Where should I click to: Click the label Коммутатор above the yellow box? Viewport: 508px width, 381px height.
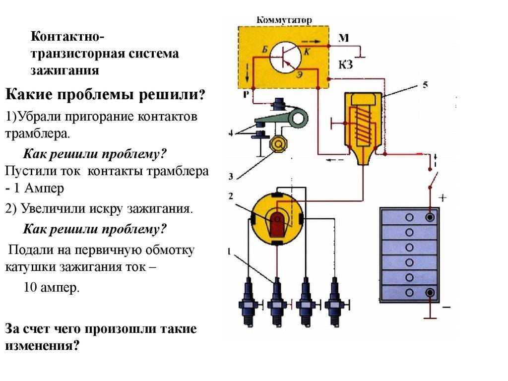tap(284, 20)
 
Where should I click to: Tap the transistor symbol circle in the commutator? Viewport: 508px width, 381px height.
tap(286, 56)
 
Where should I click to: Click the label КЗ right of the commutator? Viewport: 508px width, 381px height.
tap(345, 64)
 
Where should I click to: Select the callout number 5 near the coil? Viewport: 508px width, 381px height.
tap(425, 84)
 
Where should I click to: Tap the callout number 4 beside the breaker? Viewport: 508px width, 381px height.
tap(231, 133)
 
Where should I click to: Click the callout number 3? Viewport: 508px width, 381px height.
tap(231, 176)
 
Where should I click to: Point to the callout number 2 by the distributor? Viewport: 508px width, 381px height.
tap(231, 196)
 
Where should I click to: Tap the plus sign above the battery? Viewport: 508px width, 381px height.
tap(443, 198)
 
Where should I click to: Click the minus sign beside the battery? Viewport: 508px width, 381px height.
tap(446, 308)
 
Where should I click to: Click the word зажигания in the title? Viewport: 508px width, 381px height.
tap(65, 70)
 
